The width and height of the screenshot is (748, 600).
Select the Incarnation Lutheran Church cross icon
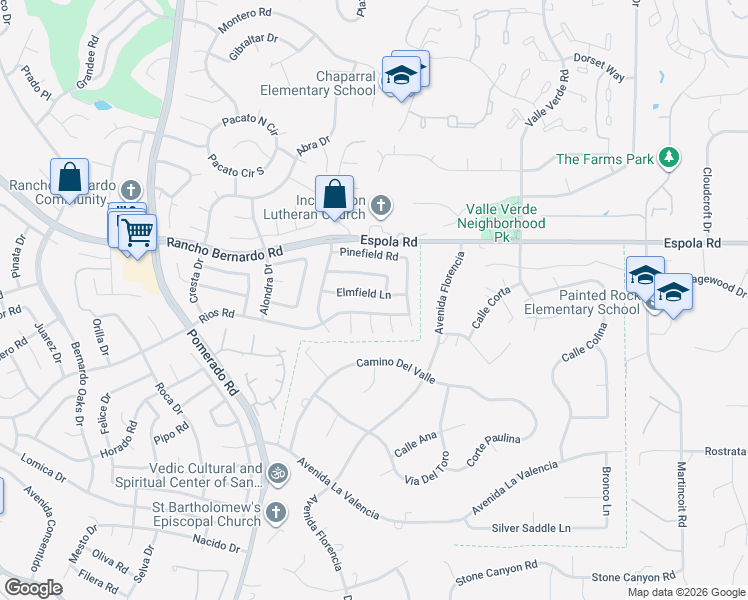click(380, 206)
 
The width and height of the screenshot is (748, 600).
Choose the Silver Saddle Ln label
click(531, 527)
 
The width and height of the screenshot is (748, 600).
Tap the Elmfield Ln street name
click(364, 294)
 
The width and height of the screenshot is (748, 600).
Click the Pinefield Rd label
click(369, 255)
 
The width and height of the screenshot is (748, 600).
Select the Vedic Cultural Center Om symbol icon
click(278, 470)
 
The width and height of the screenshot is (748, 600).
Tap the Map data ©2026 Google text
click(685, 592)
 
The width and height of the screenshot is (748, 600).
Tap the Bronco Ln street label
click(606, 492)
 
